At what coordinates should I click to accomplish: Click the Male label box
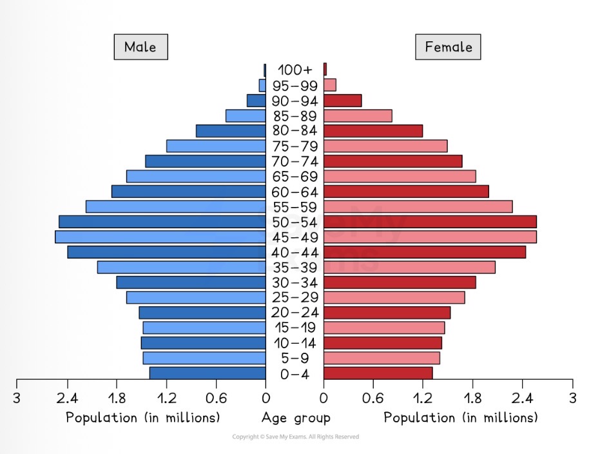(x=140, y=47)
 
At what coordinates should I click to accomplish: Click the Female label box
(x=449, y=47)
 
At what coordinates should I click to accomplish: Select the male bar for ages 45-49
(x=160, y=237)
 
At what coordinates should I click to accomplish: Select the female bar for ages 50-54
(x=430, y=222)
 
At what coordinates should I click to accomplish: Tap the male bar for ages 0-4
(x=208, y=373)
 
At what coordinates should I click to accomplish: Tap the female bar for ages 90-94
(x=342, y=101)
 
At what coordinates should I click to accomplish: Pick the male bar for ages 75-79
(x=216, y=146)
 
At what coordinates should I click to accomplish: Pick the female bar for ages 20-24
(x=387, y=313)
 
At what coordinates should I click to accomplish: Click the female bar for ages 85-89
(x=358, y=115)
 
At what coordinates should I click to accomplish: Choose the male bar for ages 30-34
(x=191, y=282)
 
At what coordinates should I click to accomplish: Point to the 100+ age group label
(x=295, y=70)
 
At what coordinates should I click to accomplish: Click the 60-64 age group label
(x=295, y=192)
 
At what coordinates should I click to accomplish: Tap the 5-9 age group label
(x=295, y=358)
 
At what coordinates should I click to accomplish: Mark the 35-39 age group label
(x=295, y=268)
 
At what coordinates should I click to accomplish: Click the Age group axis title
(x=296, y=418)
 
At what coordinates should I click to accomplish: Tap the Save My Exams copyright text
(x=295, y=437)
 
